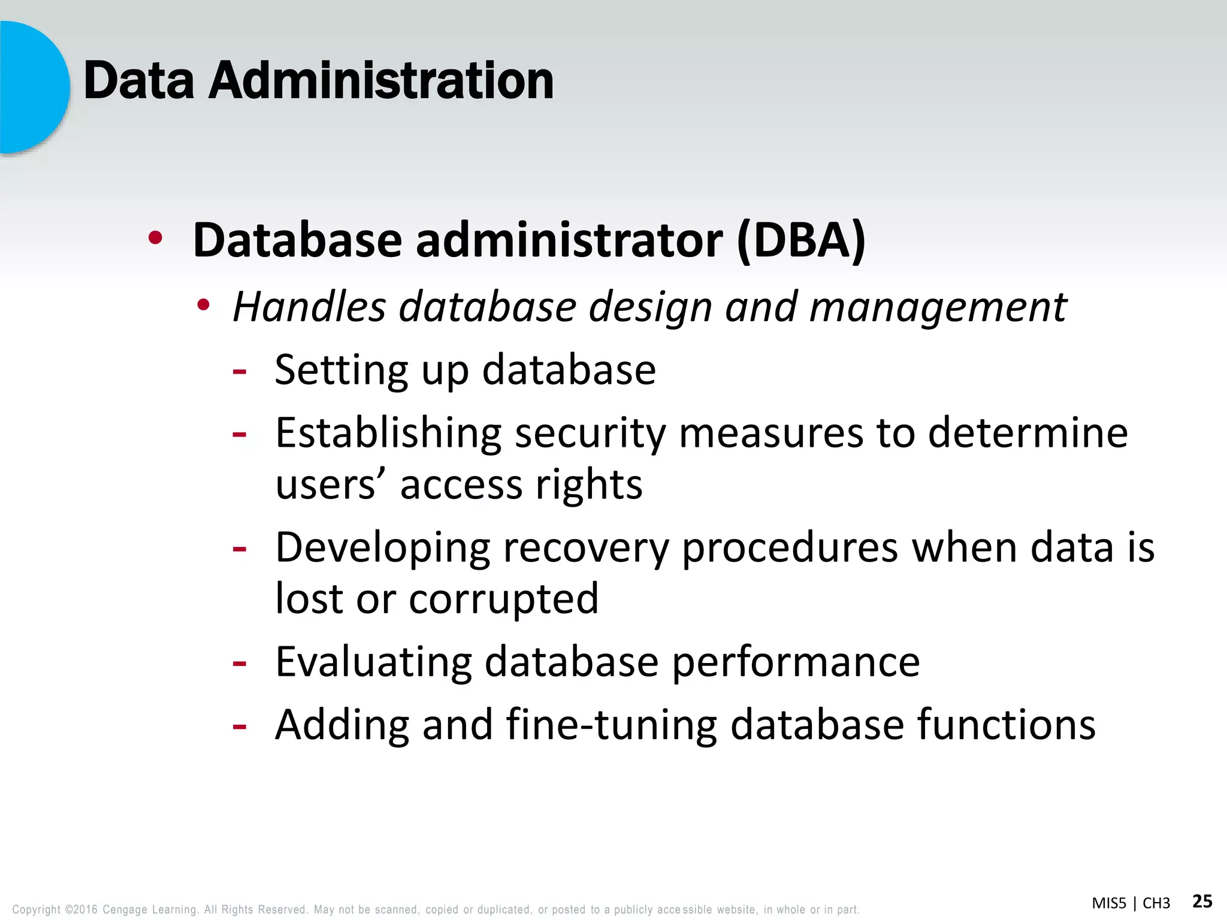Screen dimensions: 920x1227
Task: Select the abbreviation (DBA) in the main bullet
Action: (801, 241)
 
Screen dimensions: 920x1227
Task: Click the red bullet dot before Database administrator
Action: (155, 238)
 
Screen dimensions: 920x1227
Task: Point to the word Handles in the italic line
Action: (309, 307)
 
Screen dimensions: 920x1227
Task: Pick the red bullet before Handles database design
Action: (204, 305)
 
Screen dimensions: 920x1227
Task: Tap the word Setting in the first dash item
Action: (341, 371)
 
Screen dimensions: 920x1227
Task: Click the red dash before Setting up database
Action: (239, 372)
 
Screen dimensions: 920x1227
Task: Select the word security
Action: (590, 434)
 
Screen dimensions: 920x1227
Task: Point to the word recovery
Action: (585, 549)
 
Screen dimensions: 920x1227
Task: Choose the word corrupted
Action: (503, 600)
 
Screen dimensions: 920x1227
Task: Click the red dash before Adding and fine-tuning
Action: (239, 727)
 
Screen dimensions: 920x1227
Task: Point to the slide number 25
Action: (1202, 901)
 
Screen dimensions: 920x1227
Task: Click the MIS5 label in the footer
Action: (1108, 903)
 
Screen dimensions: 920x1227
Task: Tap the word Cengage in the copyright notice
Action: (125, 909)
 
